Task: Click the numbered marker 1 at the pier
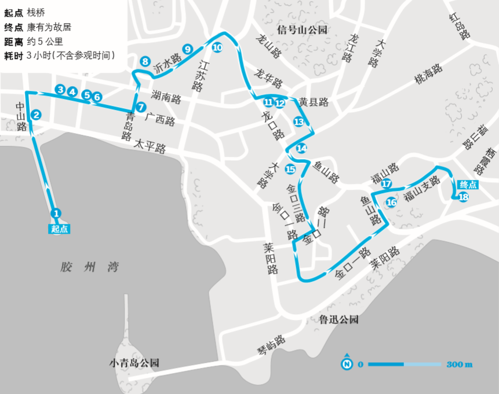[56, 213]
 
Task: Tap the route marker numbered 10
[217, 48]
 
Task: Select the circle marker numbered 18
[463, 197]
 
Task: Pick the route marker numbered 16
[391, 202]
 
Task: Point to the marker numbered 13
[298, 121]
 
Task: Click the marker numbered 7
[141, 106]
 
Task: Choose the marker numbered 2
[36, 115]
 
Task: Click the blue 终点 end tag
[468, 185]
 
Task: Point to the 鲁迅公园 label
[339, 319]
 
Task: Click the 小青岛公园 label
[134, 363]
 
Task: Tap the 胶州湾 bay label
[89, 267]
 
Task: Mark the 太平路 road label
[150, 145]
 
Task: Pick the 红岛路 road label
[458, 25]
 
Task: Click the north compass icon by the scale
[347, 364]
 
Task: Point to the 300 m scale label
[460, 364]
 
